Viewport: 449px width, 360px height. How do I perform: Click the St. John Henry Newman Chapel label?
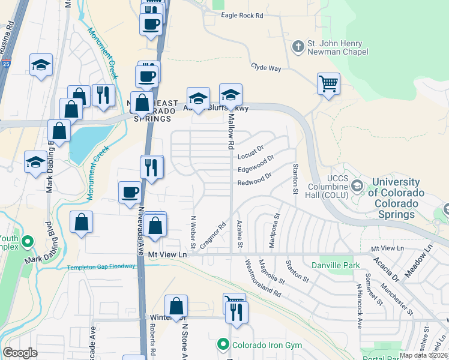click(334, 47)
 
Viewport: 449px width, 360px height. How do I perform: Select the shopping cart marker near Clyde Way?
click(328, 84)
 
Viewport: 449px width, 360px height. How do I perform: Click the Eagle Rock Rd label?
click(242, 15)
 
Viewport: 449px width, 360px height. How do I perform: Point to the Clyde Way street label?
click(266, 68)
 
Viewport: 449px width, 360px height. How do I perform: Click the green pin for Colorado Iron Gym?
click(223, 344)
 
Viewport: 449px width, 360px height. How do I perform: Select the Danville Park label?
click(336, 265)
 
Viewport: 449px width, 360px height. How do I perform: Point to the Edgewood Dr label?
click(256, 163)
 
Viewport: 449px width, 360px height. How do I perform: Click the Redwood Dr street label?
click(255, 178)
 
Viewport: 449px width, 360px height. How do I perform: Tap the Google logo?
click(20, 353)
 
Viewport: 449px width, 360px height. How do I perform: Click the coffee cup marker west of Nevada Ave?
click(130, 193)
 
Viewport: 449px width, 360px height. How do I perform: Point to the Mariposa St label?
click(277, 221)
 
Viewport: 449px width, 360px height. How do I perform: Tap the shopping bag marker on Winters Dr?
click(176, 306)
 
